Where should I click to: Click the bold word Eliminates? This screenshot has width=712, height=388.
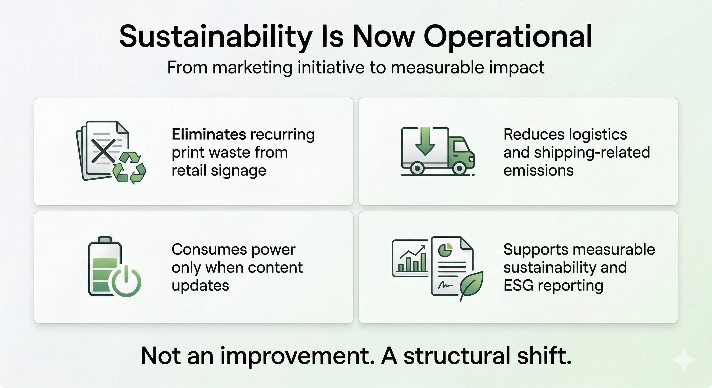click(x=209, y=134)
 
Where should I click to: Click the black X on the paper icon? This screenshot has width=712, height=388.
click(x=103, y=151)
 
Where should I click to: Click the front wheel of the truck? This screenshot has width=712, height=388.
click(x=459, y=168)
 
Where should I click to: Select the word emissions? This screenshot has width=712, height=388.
click(x=538, y=171)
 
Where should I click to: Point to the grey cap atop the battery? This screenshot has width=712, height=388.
click(x=105, y=239)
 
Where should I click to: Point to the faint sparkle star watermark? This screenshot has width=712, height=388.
click(x=683, y=359)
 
